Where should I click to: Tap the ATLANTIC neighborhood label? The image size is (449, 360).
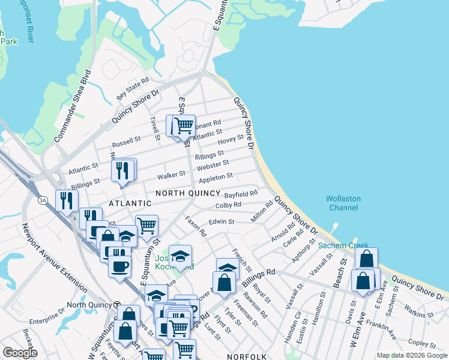click(x=131, y=204)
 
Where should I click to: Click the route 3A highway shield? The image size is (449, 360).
click(x=42, y=200)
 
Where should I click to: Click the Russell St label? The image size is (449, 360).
click(x=126, y=144)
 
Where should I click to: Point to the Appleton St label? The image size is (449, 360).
click(x=215, y=178)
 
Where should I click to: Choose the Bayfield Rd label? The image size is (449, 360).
click(x=241, y=194)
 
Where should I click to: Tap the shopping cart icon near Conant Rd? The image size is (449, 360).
click(x=184, y=125)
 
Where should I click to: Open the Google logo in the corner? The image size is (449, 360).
click(x=19, y=353)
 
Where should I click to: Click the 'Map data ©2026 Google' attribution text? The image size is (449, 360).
click(x=411, y=355)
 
